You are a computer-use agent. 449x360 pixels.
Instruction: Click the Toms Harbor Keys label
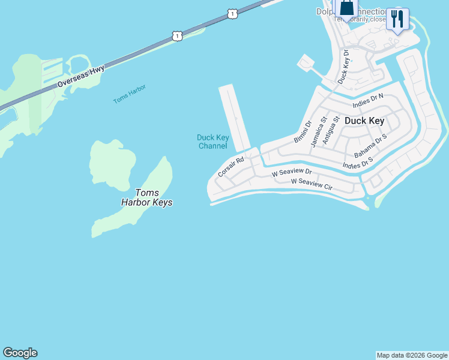[146, 197]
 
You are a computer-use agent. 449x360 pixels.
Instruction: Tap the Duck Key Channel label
[212, 142]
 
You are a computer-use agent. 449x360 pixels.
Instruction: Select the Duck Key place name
[364, 121]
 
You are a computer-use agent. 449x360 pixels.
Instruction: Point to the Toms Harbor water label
[130, 94]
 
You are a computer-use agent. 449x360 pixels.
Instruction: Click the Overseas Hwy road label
[81, 77]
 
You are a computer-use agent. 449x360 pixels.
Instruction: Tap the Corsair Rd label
[231, 167]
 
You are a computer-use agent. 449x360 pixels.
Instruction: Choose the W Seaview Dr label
[292, 173]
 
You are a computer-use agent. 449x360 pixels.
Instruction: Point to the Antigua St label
[331, 130]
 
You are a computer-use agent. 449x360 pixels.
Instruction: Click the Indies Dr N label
[368, 101]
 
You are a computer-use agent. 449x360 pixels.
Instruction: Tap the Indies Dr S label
[358, 163]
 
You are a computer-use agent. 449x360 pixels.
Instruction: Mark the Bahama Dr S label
[370, 146]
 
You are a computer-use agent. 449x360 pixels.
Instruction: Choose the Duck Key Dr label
[343, 67]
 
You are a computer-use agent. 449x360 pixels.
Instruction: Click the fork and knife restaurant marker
[397, 19]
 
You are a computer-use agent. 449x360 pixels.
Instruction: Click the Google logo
[20, 353]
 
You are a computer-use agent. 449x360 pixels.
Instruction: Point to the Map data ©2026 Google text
[412, 355]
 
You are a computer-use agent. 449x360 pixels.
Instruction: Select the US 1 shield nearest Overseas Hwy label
[176, 37]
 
